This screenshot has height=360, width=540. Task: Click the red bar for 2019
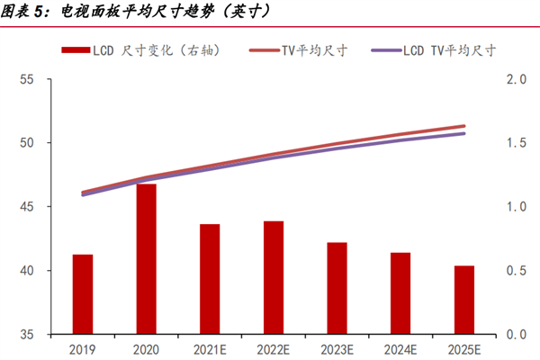[x=83, y=294]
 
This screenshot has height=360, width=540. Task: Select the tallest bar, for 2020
[x=147, y=259]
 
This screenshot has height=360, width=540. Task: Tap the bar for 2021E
[x=210, y=279]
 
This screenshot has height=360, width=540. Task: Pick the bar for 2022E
[x=274, y=278]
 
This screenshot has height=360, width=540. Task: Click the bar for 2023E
[x=337, y=288]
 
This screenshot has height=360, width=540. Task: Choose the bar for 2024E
[x=400, y=293]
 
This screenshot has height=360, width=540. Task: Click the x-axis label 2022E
[x=274, y=347]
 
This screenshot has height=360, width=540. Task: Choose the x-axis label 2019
[x=83, y=347]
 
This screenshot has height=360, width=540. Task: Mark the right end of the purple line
[x=464, y=133]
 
